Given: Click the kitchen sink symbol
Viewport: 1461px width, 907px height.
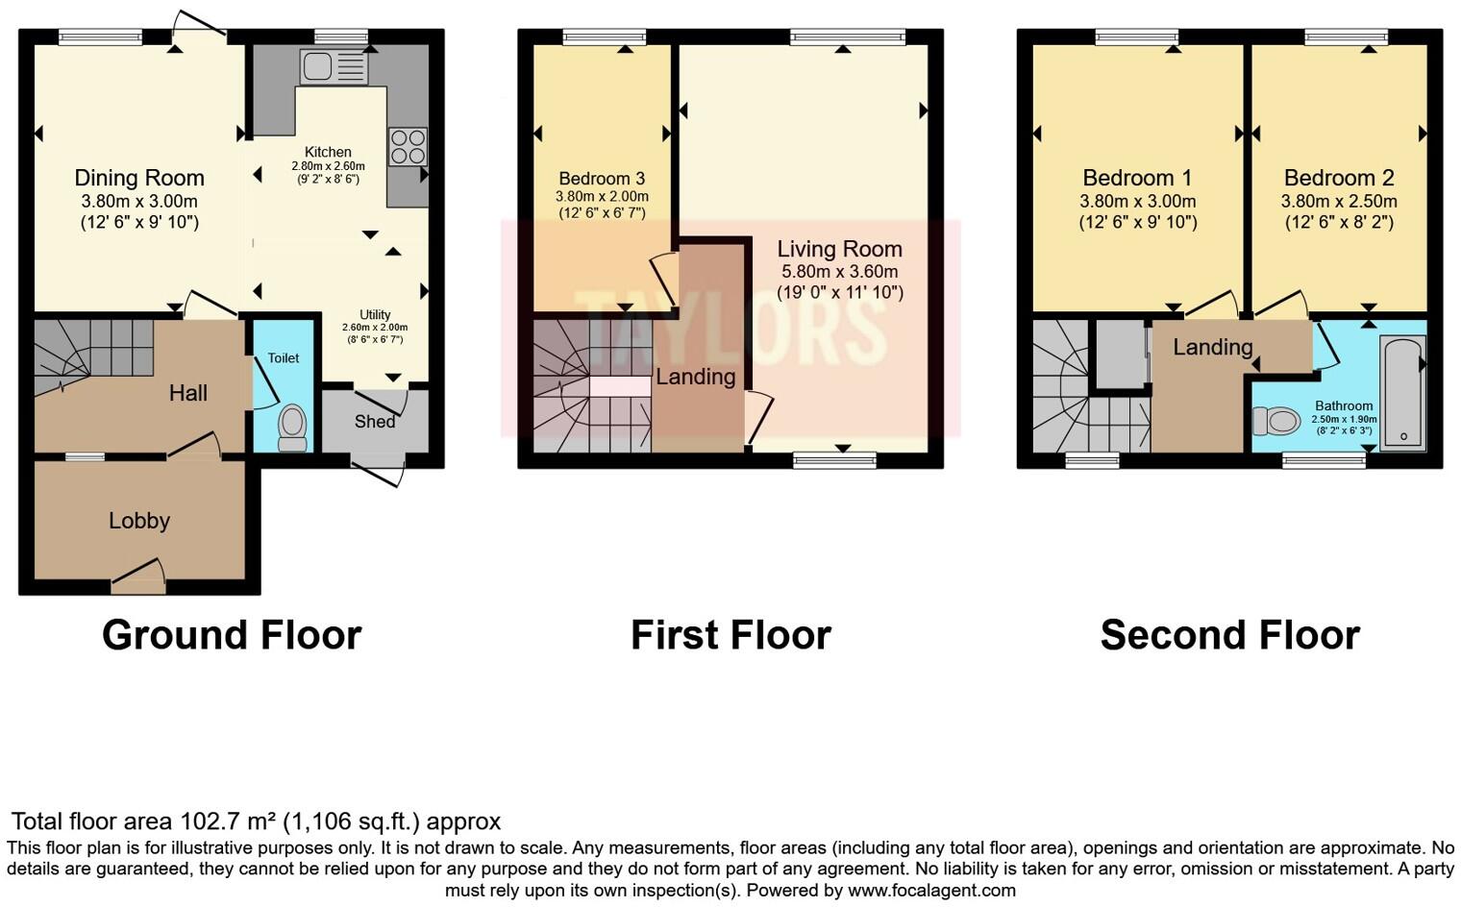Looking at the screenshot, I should (334, 67).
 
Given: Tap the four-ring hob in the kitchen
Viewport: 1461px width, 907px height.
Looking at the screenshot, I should (407, 147).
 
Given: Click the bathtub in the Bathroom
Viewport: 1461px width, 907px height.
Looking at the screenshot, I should (1402, 393).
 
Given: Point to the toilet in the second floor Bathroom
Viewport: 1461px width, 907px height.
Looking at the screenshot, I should (1277, 421).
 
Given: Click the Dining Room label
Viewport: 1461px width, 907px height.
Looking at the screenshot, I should (139, 178).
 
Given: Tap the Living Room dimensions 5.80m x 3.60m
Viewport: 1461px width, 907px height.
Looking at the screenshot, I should (839, 272).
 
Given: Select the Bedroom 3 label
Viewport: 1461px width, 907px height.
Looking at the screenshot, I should (602, 179).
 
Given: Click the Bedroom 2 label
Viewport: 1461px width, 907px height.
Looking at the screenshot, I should (1338, 178).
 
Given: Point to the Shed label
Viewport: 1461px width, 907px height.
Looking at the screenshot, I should (375, 421).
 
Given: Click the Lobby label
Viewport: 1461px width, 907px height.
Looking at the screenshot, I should (139, 521).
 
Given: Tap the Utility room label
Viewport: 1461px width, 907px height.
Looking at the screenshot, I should (375, 315).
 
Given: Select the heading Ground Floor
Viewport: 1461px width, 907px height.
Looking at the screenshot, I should (232, 635).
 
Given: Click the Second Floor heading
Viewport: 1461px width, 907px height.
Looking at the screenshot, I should (1229, 635).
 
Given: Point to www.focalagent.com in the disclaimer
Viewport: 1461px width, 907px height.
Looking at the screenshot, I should (931, 890).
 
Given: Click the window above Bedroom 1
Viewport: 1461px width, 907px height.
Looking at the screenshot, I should (1137, 37).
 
